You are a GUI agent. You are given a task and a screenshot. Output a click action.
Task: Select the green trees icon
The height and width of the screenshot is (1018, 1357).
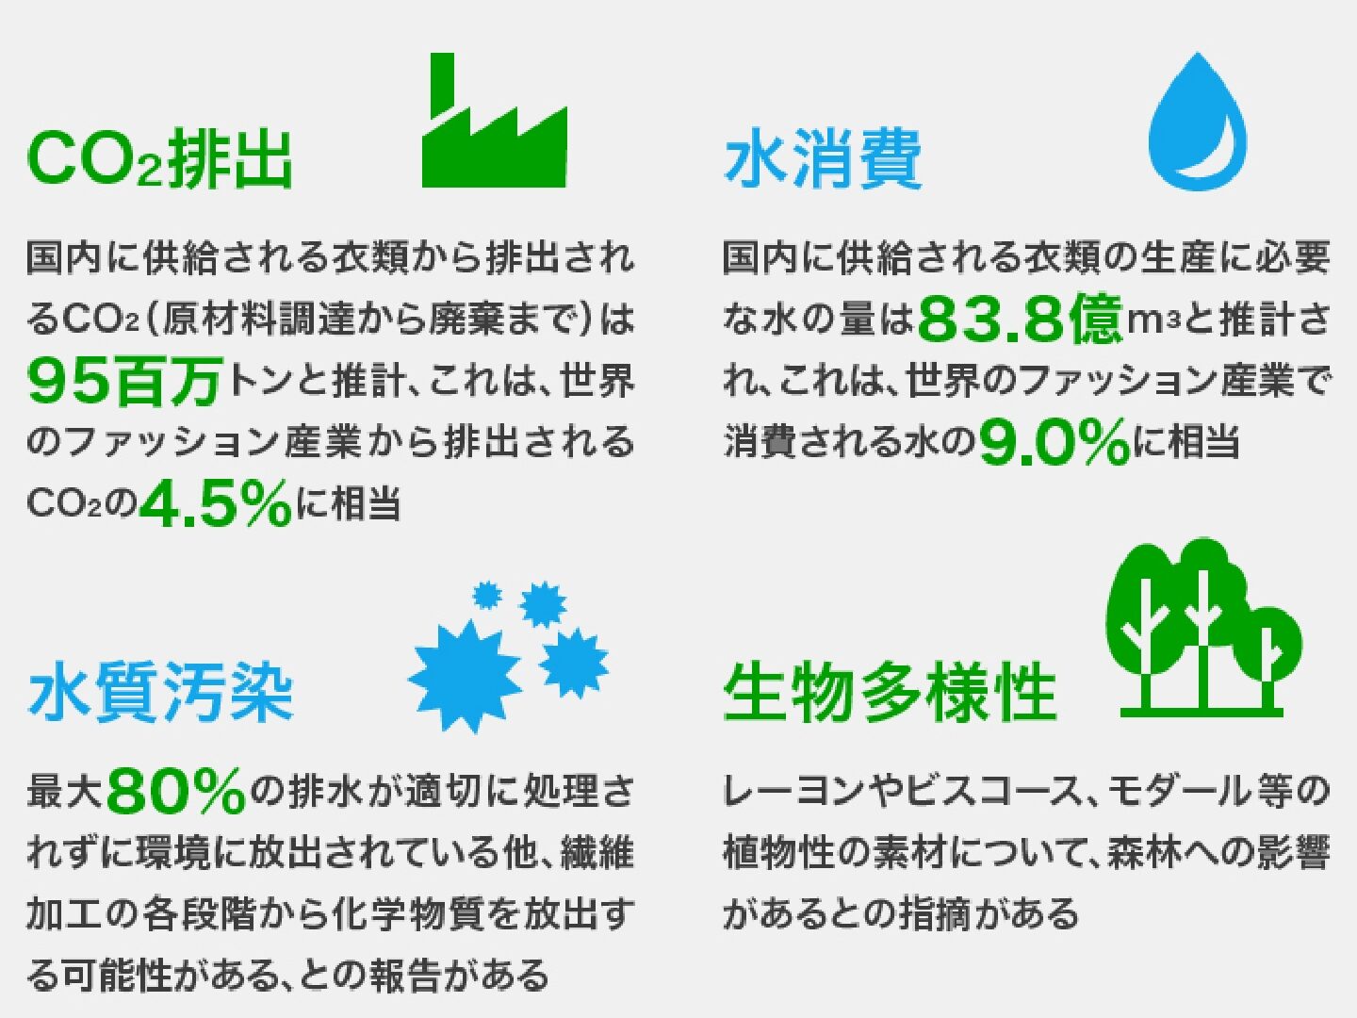pyautogui.click(x=1202, y=628)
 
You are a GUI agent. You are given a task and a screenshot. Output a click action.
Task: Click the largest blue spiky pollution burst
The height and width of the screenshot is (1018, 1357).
pyautogui.click(x=465, y=677)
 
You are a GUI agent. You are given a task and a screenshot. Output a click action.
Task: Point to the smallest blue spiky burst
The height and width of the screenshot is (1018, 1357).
pyautogui.click(x=487, y=595)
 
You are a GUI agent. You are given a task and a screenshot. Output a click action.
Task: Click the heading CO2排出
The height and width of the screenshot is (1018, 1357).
pyautogui.click(x=159, y=157)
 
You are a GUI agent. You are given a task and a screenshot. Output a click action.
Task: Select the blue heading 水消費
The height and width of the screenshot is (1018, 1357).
pyautogui.click(x=823, y=157)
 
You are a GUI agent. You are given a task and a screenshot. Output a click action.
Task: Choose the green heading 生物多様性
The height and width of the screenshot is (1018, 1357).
pyautogui.click(x=891, y=692)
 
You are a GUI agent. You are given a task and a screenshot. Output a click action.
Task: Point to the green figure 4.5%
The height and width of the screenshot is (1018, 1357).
pyautogui.click(x=216, y=502)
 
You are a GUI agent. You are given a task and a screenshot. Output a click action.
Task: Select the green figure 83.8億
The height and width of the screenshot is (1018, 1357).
pyautogui.click(x=1021, y=319)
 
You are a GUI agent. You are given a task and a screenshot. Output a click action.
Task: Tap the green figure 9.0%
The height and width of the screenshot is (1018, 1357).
pyautogui.click(x=1055, y=441)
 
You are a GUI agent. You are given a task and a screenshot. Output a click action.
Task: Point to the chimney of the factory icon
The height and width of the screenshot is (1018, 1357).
pyautogui.click(x=442, y=85)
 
